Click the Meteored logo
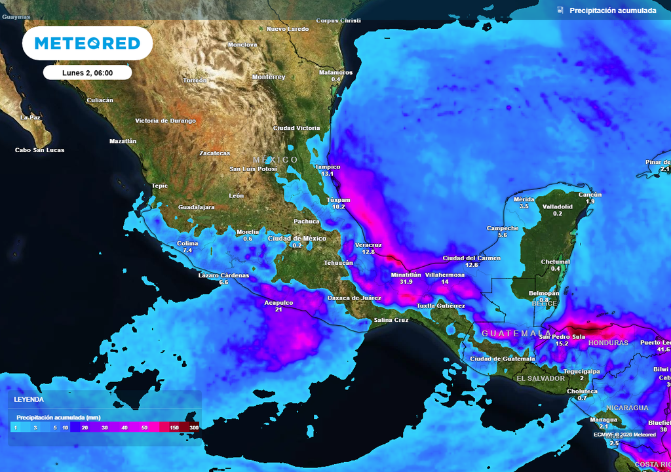pyautogui.click(x=87, y=43)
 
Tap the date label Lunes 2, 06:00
pyautogui.click(x=87, y=73)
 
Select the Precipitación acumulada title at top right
pyautogui.click(x=612, y=10)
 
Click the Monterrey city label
pyautogui.click(x=269, y=77)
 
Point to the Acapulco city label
pyautogui.click(x=278, y=302)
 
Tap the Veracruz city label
pyautogui.click(x=368, y=244)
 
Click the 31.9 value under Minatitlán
pyautogui.click(x=406, y=282)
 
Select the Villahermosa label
pyautogui.click(x=445, y=275)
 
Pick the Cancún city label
pyautogui.click(x=590, y=195)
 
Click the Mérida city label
pyautogui.click(x=524, y=199)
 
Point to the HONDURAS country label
pyautogui.click(x=608, y=343)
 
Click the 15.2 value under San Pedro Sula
pyautogui.click(x=562, y=344)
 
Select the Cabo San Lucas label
pyautogui.click(x=40, y=150)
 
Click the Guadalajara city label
pyautogui.click(x=197, y=207)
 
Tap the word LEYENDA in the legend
pyautogui.click(x=29, y=399)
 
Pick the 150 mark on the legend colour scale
pyautogui.click(x=174, y=427)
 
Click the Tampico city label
pyautogui.click(x=328, y=167)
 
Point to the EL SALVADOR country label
pyautogui.click(x=541, y=378)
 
